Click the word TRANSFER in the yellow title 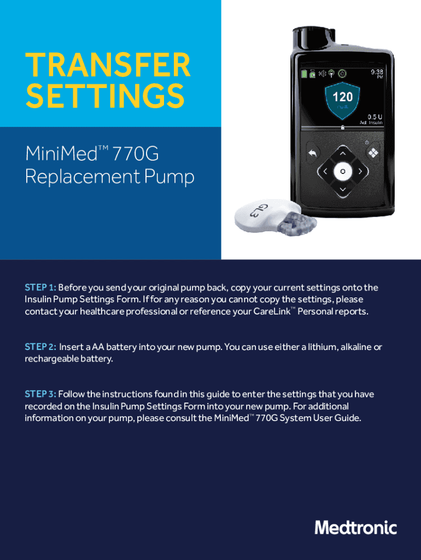[x=108, y=65]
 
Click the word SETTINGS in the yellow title [x=105, y=95]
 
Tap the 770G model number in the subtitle [x=136, y=154]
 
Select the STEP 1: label [x=40, y=288]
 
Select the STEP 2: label [x=40, y=347]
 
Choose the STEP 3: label [x=40, y=394]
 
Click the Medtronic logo [x=355, y=528]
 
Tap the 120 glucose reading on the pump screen [x=342, y=97]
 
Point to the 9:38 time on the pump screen [x=377, y=72]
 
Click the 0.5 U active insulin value [x=375, y=117]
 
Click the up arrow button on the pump [x=343, y=154]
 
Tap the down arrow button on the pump [x=343, y=189]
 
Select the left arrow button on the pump [x=325, y=171]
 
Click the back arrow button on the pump [x=312, y=154]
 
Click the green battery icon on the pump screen [x=304, y=74]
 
